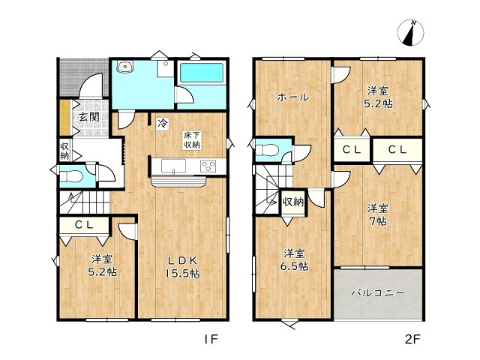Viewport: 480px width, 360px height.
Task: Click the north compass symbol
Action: coord(410,32)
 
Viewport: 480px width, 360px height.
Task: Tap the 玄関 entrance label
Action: coord(89,117)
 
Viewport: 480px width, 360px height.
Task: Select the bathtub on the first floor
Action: coord(202,73)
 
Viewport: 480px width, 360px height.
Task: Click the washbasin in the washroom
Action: coord(124,66)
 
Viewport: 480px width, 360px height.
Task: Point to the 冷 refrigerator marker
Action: coord(163,123)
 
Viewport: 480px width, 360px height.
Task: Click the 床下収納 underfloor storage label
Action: coord(192,140)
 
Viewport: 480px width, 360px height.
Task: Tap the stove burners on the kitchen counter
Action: coord(208,166)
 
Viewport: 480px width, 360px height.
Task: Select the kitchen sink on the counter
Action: coord(173,166)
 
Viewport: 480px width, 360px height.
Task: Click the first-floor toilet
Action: coord(71,177)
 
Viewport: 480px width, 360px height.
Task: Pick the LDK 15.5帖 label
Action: coord(183,267)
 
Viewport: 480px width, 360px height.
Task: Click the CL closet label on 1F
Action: coord(84,225)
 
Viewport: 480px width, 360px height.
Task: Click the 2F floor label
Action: coord(413,339)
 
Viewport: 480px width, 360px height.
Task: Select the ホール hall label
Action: coord(293,97)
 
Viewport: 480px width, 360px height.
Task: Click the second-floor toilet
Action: coord(267,150)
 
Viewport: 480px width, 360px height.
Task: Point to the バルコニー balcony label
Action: coord(377,293)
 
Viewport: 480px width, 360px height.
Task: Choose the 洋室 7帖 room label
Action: coord(378,214)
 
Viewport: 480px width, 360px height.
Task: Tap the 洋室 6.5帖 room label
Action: coord(294,259)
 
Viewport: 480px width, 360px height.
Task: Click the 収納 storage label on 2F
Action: coord(293,202)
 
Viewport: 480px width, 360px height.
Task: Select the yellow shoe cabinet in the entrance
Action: coord(65,117)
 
